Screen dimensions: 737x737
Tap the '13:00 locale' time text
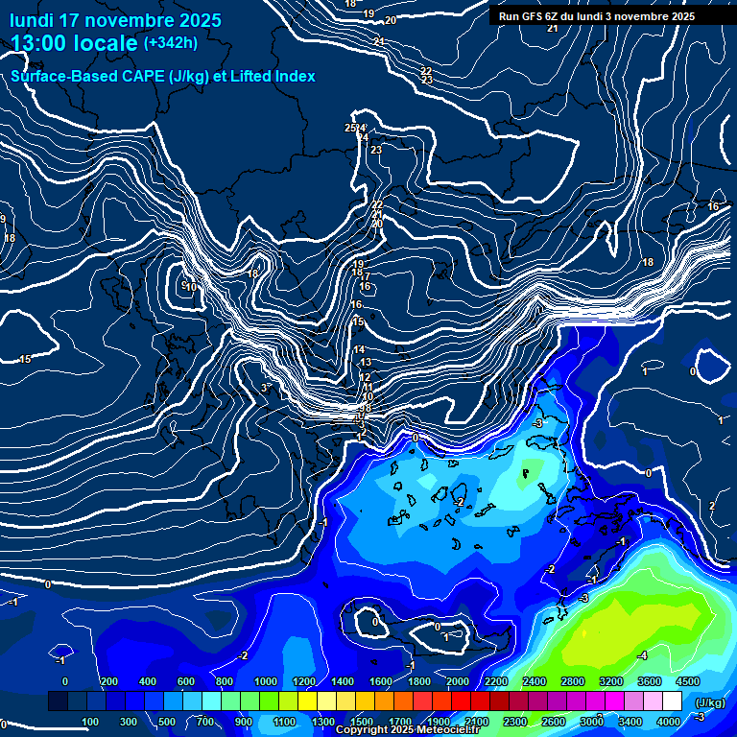(74, 43)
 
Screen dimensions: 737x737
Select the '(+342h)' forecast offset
(172, 43)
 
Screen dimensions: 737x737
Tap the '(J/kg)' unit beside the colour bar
(709, 703)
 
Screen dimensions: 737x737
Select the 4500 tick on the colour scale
(687, 681)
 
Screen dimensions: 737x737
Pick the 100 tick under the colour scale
(90, 722)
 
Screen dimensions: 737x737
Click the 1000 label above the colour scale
(265, 681)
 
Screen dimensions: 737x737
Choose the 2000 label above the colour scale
(458, 681)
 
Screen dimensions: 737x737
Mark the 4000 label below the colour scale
(669, 722)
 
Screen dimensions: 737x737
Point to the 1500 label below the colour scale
(361, 722)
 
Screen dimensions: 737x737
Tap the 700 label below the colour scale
(206, 722)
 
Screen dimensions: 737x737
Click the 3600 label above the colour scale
(650, 681)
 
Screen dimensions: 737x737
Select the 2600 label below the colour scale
(554, 722)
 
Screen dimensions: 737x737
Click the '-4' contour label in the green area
(642, 655)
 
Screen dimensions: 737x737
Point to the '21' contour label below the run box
(552, 29)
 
